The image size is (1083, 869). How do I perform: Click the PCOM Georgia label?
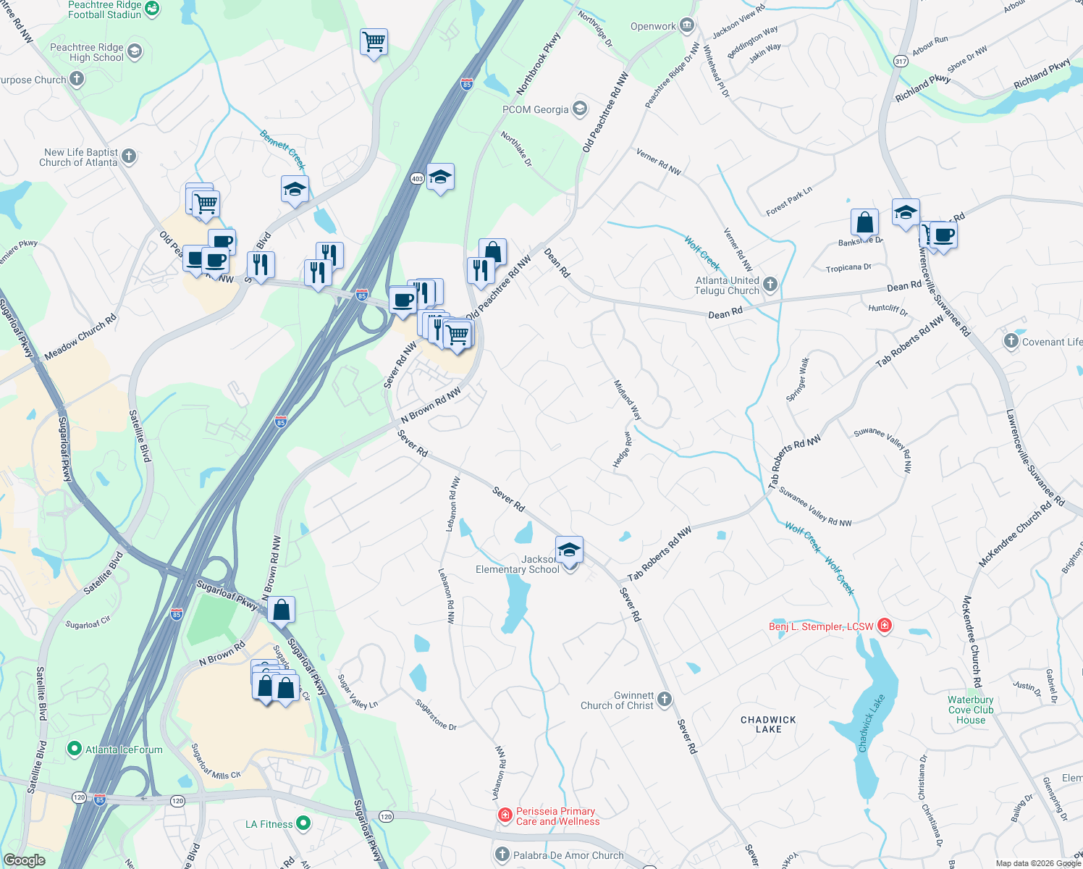536,109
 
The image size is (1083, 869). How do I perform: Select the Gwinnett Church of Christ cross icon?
665,700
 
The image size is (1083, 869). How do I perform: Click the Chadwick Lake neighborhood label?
768,724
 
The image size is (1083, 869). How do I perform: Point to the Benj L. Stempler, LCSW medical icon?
884,626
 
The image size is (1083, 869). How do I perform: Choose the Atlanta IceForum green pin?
74,749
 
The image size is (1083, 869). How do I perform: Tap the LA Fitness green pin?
303,823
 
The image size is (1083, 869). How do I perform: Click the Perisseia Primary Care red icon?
505,816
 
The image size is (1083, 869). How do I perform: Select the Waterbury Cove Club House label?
971,710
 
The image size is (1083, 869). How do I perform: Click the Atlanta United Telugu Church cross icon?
770,285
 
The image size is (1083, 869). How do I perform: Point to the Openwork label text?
653,27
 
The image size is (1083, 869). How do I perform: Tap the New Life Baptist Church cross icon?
129,156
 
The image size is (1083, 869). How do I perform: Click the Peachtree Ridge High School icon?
135,51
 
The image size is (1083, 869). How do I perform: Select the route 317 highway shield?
901,61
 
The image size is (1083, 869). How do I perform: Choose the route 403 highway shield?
416,178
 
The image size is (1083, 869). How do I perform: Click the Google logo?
24,860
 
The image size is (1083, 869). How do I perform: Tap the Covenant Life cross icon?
1011,341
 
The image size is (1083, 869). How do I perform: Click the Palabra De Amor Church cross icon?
502,855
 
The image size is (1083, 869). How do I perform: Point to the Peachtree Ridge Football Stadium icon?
152,9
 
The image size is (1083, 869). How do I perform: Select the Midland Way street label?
627,400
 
